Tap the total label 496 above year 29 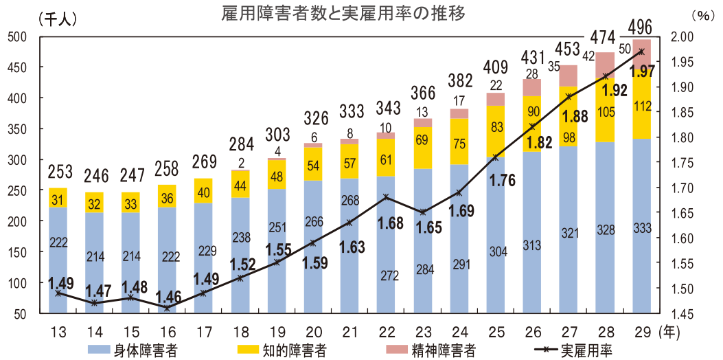tap(641, 29)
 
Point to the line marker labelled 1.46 tap(167, 308)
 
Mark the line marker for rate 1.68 tap(387, 197)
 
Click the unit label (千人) tap(58, 19)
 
